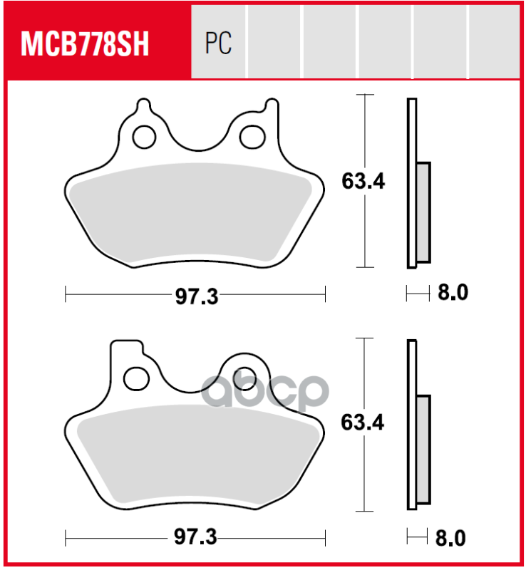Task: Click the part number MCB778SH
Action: [x=85, y=45]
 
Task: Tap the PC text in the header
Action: [x=218, y=45]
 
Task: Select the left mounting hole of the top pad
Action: [x=145, y=135]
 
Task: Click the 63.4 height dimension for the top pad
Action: [x=363, y=182]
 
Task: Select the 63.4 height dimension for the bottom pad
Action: [x=363, y=423]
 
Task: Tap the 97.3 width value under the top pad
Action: [x=196, y=296]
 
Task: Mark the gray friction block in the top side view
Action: [x=423, y=212]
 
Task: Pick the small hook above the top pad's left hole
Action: [x=143, y=108]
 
